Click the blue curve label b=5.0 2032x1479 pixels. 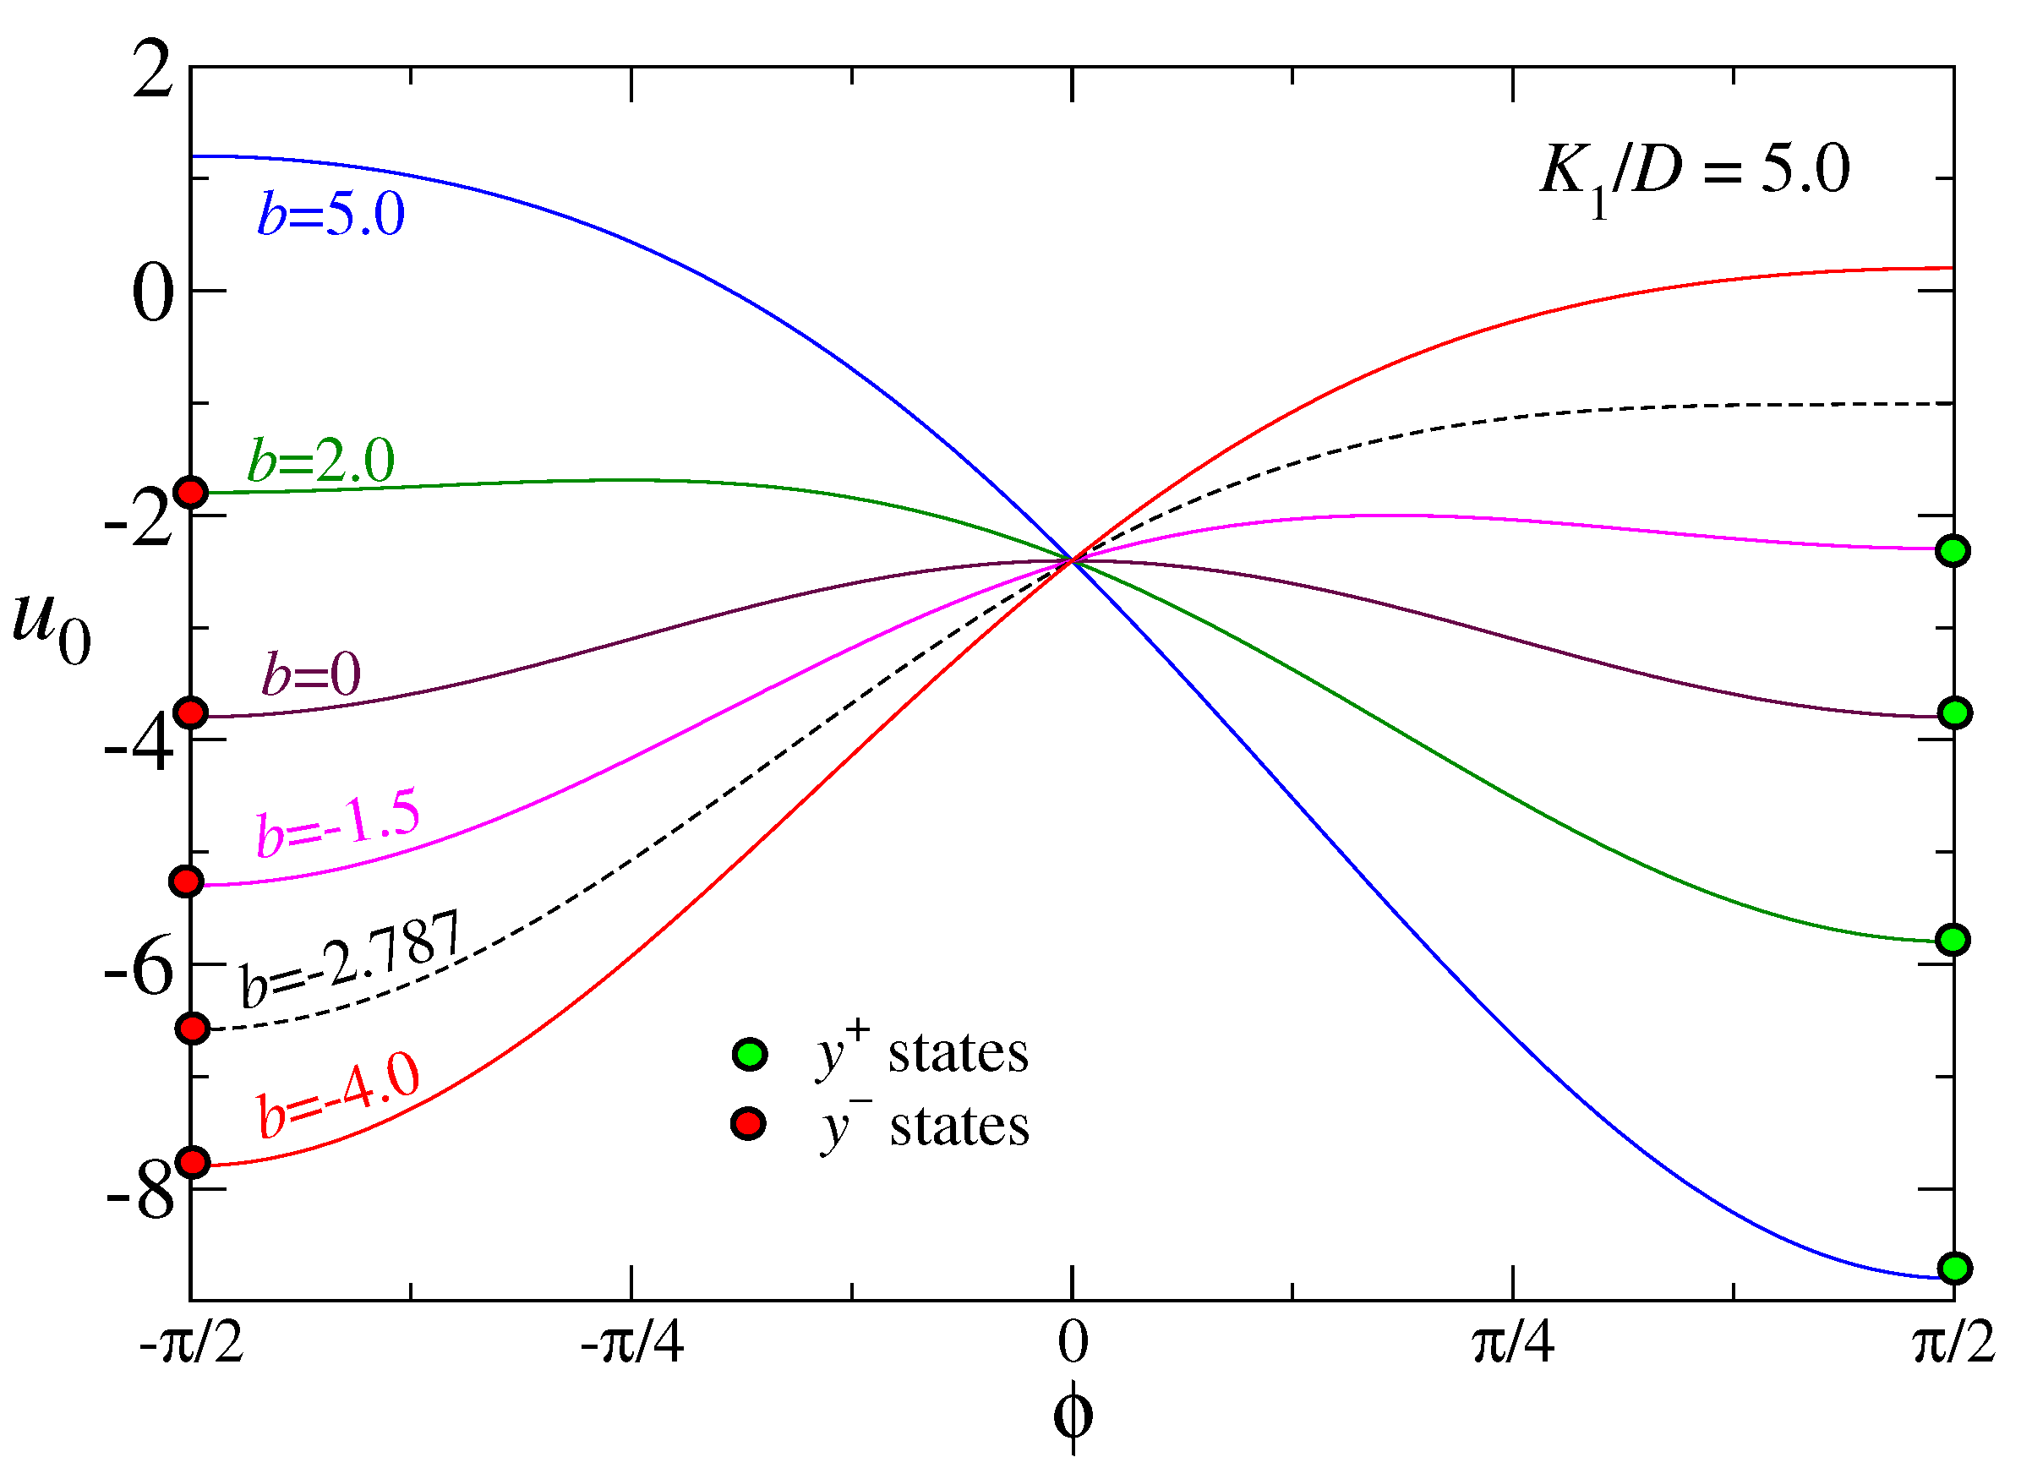click(330, 214)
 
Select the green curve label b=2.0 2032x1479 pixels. click(320, 461)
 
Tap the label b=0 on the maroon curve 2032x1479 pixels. click(310, 674)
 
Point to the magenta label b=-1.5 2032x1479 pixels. click(338, 823)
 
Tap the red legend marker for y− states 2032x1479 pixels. click(747, 1123)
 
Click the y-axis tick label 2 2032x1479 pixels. click(152, 72)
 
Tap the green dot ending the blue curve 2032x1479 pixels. click(1954, 1269)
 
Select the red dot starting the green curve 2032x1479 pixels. click(192, 492)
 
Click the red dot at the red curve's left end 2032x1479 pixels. click(193, 1163)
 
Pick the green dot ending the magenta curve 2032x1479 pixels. click(1953, 550)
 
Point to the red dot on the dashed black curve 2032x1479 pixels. click(193, 1029)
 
